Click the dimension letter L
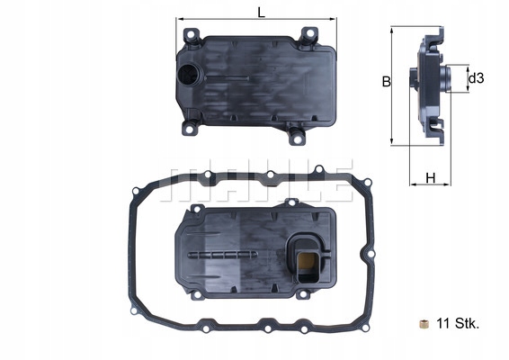click(260, 12)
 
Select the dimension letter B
click(385, 82)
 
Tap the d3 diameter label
click(477, 79)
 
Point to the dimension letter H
click(430, 177)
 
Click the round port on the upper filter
click(191, 76)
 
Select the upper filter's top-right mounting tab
click(308, 35)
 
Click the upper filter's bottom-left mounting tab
click(189, 128)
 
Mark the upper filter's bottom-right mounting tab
click(297, 136)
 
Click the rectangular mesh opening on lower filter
click(307, 261)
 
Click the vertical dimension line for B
click(393, 85)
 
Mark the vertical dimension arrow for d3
click(467, 79)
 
